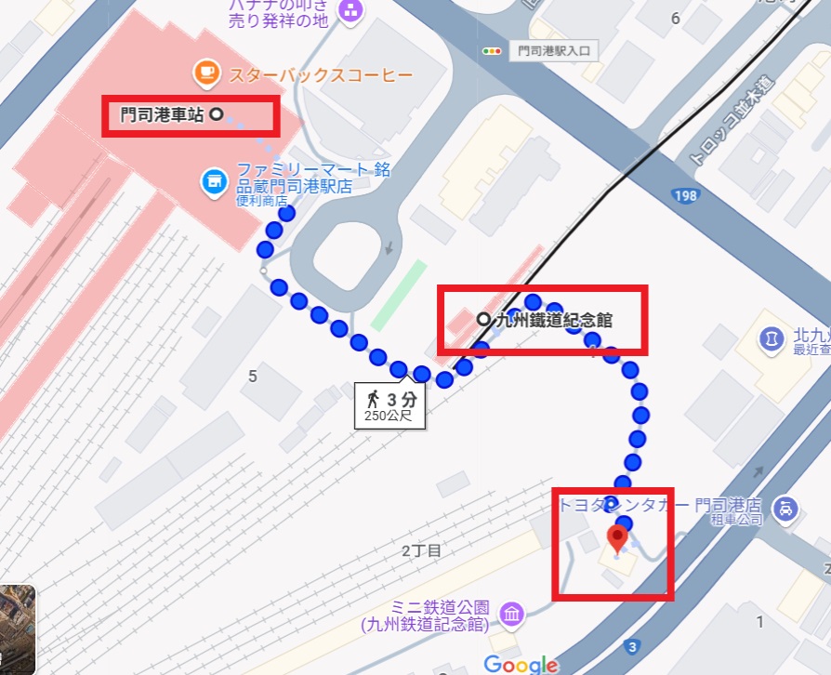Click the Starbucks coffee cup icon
pos(204,72)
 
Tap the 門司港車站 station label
pos(163,115)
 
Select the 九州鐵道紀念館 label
pos(554,320)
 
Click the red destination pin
pos(617,537)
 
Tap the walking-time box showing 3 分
pos(389,405)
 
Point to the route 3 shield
pos(632,646)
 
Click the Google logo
pos(521,663)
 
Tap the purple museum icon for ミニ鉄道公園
pos(510,615)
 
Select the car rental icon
pos(786,508)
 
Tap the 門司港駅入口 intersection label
pos(554,51)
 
